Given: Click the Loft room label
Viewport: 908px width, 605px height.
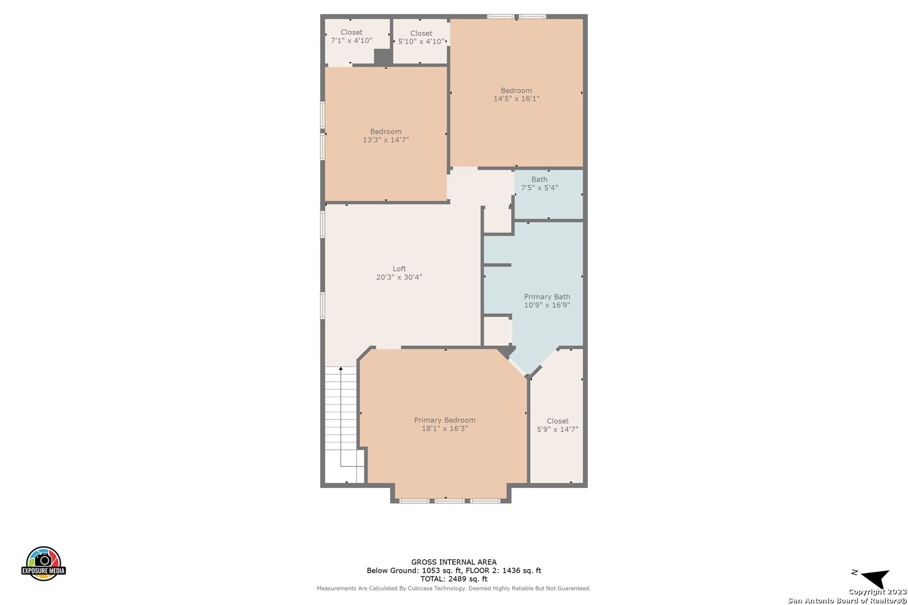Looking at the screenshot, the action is pyautogui.click(x=399, y=269).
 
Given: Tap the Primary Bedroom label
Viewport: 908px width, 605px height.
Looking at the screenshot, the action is pyautogui.click(x=444, y=420).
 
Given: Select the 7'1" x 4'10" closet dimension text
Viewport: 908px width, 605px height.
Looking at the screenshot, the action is pyautogui.click(x=351, y=40).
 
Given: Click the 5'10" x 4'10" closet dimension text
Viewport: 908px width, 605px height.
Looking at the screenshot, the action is pyautogui.click(x=421, y=41).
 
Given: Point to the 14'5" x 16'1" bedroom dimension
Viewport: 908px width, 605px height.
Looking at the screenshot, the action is pyautogui.click(x=516, y=99).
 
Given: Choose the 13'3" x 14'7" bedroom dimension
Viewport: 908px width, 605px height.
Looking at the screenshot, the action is pyautogui.click(x=386, y=140).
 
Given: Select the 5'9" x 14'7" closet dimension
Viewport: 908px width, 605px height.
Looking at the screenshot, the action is pyautogui.click(x=558, y=429).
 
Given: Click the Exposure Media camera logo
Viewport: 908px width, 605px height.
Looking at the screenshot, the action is pyautogui.click(x=43, y=563).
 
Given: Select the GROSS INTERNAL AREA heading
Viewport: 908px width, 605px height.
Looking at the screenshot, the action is pyautogui.click(x=453, y=562).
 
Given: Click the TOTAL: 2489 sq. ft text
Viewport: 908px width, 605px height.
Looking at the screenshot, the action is pyautogui.click(x=453, y=579).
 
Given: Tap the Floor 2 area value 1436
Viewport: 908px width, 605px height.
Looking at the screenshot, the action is pyautogui.click(x=512, y=571).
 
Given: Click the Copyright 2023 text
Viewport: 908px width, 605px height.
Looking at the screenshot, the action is pyautogui.click(x=878, y=592).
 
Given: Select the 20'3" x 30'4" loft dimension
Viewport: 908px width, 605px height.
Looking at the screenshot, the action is pyautogui.click(x=399, y=277).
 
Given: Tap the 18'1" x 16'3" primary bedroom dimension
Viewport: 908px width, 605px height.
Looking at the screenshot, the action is pyautogui.click(x=444, y=429).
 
